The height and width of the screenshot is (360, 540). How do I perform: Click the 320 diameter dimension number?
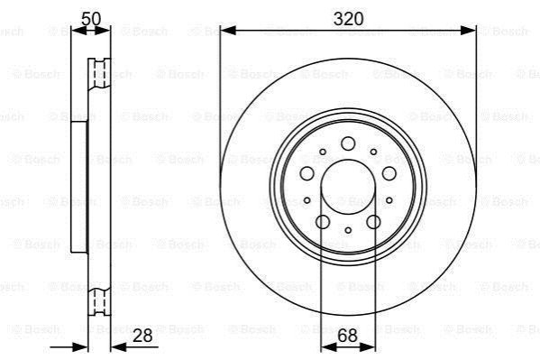(348, 19)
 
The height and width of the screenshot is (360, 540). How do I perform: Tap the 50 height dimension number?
(91, 19)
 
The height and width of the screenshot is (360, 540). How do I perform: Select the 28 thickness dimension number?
(142, 335)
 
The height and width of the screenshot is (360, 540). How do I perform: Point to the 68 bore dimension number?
(347, 335)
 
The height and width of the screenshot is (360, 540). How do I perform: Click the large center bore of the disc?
(348, 187)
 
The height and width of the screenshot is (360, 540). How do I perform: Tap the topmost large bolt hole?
(348, 143)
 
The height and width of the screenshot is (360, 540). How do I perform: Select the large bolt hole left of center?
(307, 173)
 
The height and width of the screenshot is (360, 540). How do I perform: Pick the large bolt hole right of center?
(389, 173)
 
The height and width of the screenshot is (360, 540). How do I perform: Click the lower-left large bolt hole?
(323, 222)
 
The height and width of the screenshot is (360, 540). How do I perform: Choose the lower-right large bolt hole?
(373, 222)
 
